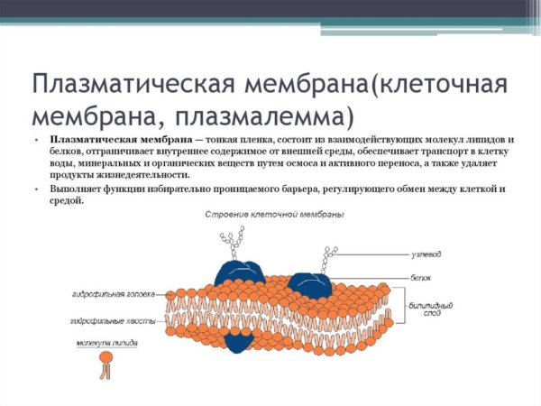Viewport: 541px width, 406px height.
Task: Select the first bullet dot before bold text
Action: pyautogui.click(x=39, y=140)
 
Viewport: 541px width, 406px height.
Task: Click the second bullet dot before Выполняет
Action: pyautogui.click(x=39, y=189)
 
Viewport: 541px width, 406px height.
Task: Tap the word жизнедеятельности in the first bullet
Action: pyautogui.click(x=138, y=176)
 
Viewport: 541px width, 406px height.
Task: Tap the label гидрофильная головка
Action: pyautogui.click(x=114, y=294)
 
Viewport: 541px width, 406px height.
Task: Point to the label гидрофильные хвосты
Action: pyautogui.click(x=112, y=320)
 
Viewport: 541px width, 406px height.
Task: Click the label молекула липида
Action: pyautogui.click(x=105, y=344)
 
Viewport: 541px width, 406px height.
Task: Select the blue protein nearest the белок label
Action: pyautogui.click(x=308, y=283)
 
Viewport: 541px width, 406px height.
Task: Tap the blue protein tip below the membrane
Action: pyautogui.click(x=238, y=341)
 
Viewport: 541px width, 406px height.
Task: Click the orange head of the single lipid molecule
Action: pyautogui.click(x=106, y=358)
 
